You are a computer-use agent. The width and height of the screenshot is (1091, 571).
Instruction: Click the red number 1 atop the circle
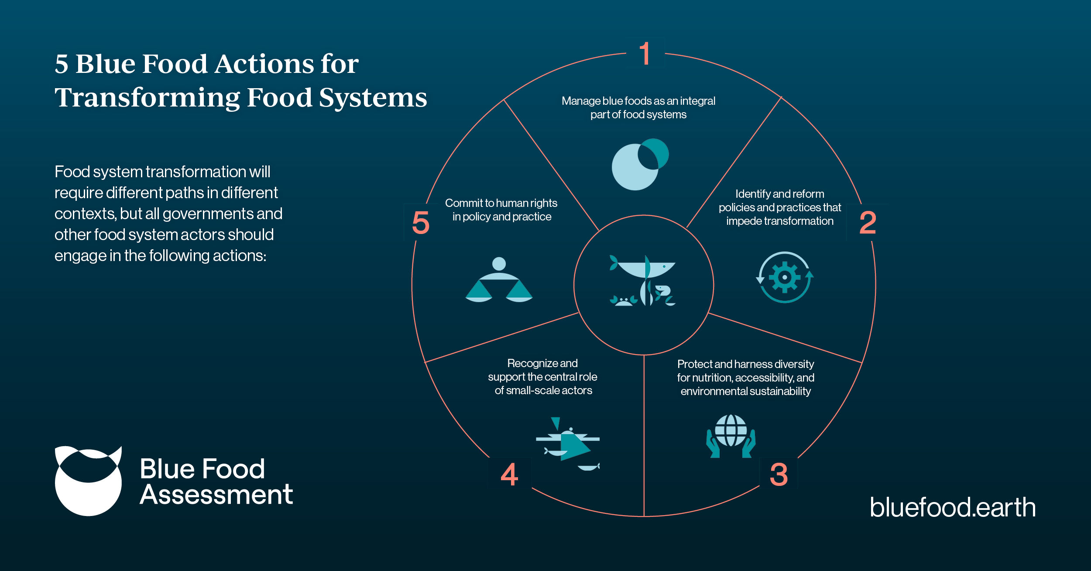pos(645,54)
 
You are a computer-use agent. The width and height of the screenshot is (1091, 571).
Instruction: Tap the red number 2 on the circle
pos(868,223)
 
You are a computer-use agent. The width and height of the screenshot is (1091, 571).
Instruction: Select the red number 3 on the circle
pos(779,475)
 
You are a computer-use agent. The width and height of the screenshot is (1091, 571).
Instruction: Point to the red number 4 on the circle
pos(509,475)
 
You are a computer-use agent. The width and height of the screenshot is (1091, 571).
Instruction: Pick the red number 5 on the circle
pos(421,223)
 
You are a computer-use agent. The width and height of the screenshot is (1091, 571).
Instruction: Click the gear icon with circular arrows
pos(785,277)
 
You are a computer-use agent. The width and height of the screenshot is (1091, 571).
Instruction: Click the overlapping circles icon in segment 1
pos(640,164)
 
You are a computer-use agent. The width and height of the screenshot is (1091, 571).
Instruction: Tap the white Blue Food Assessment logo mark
pos(88,481)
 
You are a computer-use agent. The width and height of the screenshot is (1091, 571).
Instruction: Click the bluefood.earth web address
pos(953,507)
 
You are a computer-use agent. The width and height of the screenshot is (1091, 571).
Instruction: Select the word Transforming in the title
pos(147,97)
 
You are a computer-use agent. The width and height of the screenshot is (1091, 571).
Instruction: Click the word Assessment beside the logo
pos(216,495)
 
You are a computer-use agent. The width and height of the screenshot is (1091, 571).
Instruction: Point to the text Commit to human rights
pos(501,203)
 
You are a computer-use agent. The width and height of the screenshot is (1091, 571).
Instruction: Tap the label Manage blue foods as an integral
pos(638,101)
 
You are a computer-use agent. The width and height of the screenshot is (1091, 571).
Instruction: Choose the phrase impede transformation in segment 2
pos(779,221)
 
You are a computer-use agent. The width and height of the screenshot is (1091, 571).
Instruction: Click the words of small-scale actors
pos(543,390)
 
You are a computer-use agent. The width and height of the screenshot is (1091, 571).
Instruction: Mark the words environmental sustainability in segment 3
pos(745,391)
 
